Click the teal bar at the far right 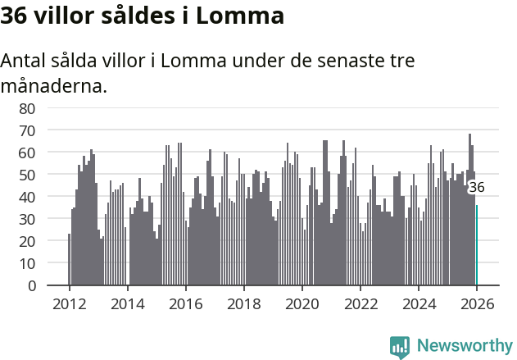tap(477, 246)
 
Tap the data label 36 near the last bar tap(476, 187)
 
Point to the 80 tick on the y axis tap(26, 108)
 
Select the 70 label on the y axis tap(26, 130)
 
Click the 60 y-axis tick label tap(26, 153)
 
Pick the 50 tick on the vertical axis tap(26, 175)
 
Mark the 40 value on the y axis tap(26, 197)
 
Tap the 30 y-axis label tap(26, 219)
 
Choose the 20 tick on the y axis tap(26, 241)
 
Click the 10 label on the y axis tap(26, 263)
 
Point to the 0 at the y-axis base tap(30, 285)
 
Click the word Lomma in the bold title tap(243, 16)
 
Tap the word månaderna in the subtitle tap(53, 85)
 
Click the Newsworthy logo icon tap(400, 346)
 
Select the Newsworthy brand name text tap(464, 346)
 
